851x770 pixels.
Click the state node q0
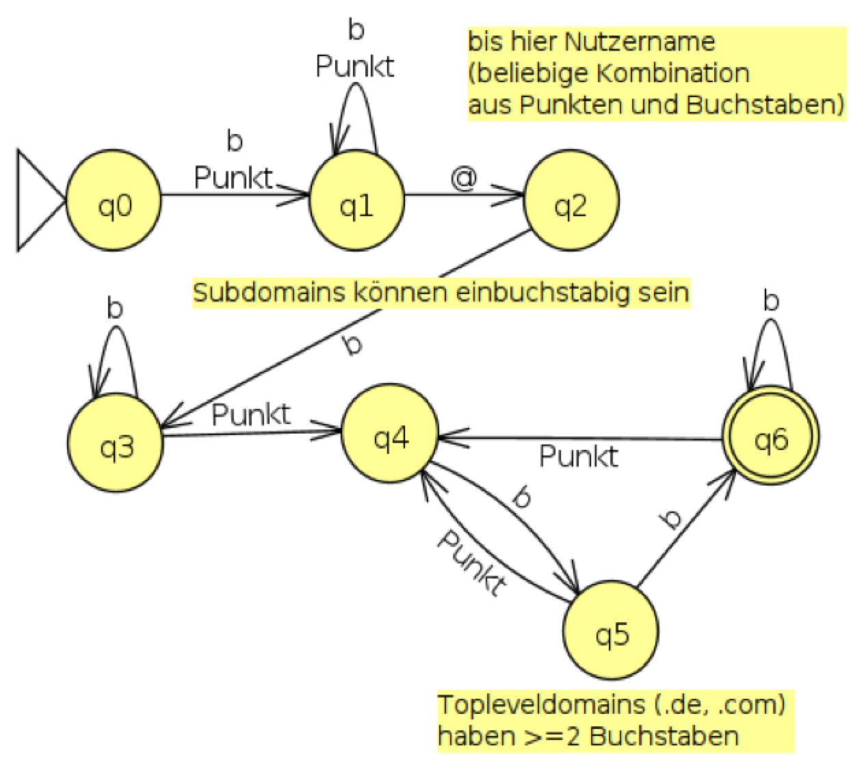[114, 203]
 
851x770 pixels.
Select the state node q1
[356, 203]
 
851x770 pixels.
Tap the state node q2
[571, 203]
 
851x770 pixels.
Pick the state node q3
[116, 445]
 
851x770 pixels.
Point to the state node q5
[611, 633]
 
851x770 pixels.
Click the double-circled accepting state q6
[771, 438]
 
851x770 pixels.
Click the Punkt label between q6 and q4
[579, 456]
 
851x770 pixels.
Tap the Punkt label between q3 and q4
[251, 415]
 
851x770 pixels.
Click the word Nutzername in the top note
[640, 42]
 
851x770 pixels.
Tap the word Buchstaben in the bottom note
[664, 736]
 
